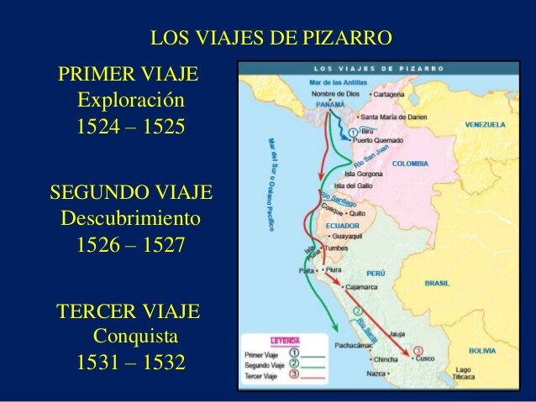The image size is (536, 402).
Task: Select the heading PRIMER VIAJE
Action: click(x=129, y=74)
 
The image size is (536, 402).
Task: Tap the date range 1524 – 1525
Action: click(x=130, y=128)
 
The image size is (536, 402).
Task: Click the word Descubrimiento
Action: click(x=131, y=219)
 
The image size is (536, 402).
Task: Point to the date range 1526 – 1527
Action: click(x=130, y=247)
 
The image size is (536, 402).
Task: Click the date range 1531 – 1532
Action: click(x=130, y=364)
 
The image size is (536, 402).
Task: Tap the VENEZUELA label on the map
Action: click(x=486, y=124)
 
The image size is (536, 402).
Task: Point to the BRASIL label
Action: click(x=437, y=284)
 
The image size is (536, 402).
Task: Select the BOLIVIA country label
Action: click(x=483, y=350)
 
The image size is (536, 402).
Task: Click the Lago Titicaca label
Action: click(x=464, y=373)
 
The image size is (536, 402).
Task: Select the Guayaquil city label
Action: click(x=354, y=238)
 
